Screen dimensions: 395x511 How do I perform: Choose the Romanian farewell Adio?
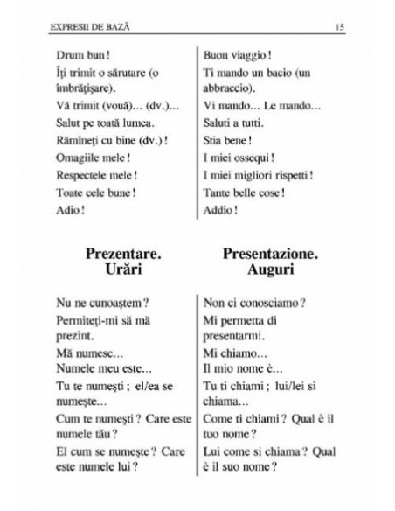pos(69,209)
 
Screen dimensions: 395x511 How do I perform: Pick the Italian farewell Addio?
pos(221,209)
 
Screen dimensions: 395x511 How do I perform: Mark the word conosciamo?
pos(265,303)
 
